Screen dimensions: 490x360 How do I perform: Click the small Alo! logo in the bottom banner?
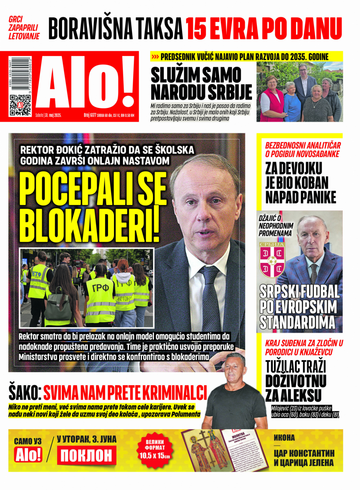pos(28,455)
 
